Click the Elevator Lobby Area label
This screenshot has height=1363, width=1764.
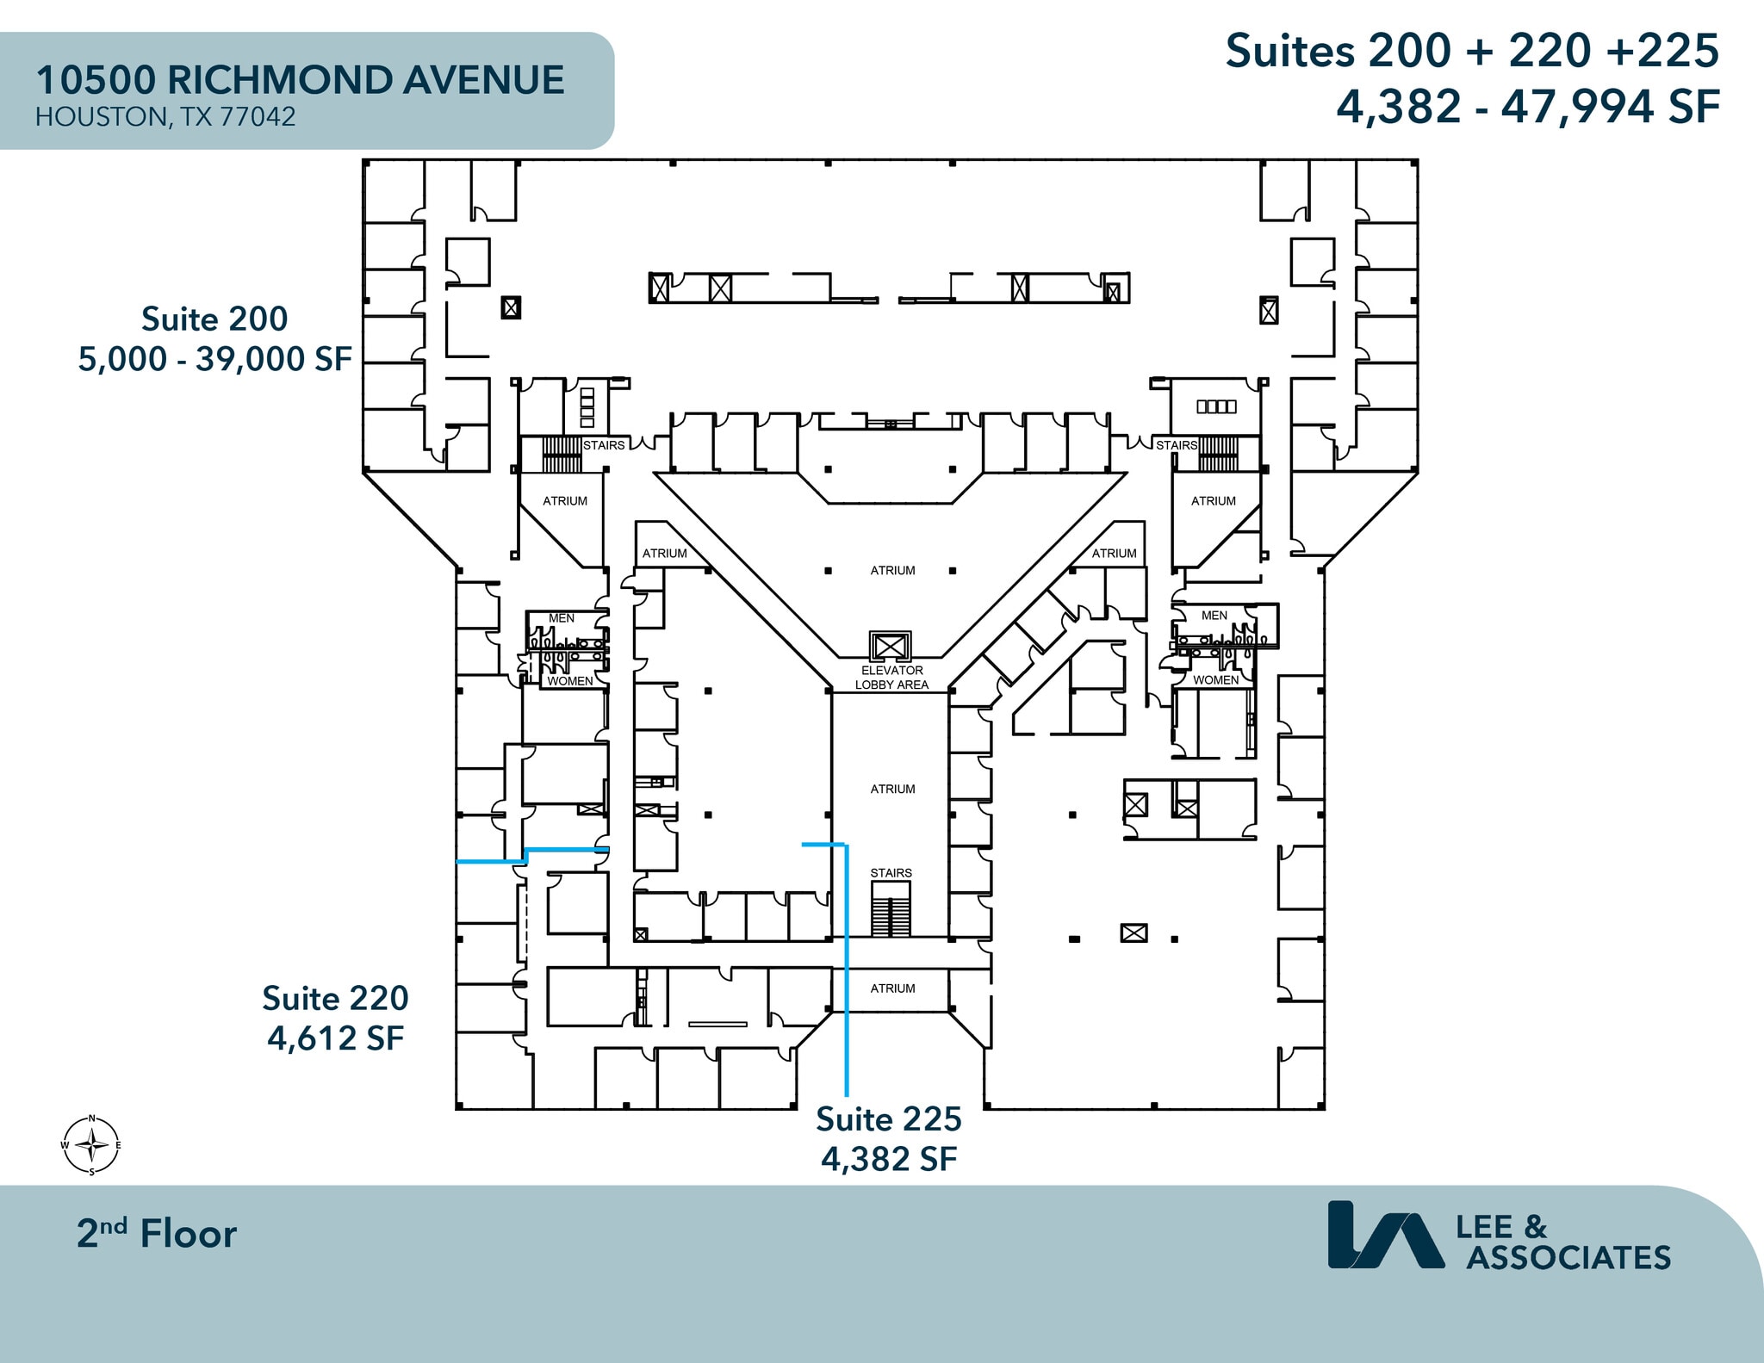click(x=891, y=678)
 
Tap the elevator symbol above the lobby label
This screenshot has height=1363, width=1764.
click(x=890, y=646)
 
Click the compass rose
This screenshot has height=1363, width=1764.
click(x=91, y=1145)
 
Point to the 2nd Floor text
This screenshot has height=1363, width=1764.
click(x=157, y=1234)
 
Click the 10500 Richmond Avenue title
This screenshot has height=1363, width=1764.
click(x=300, y=80)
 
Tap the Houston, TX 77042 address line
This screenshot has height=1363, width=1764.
click(x=165, y=117)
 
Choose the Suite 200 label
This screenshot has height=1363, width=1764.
click(x=214, y=319)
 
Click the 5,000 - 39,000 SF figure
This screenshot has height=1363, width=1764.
click(x=214, y=359)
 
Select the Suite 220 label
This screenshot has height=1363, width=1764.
click(x=335, y=999)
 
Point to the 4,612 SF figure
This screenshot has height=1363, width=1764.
click(x=335, y=1038)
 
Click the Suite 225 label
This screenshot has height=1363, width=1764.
click(x=888, y=1119)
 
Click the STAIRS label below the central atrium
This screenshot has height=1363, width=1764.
click(x=891, y=873)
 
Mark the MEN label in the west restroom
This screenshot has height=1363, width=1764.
click(x=562, y=618)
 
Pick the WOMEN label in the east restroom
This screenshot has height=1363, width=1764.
click(x=1215, y=680)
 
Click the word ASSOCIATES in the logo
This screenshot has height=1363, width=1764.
click(x=1568, y=1258)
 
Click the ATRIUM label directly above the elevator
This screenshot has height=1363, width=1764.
click(x=892, y=571)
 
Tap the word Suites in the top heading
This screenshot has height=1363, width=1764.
click(x=1289, y=52)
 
